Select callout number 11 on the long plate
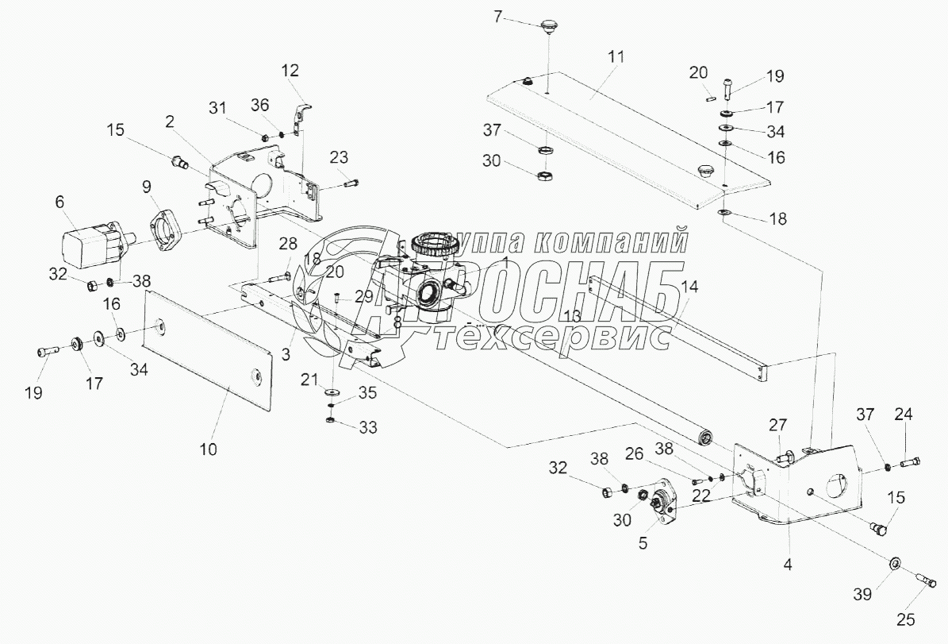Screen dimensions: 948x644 point(616,57)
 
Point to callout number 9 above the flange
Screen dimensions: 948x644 point(147,187)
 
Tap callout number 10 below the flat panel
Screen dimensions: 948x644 point(208,449)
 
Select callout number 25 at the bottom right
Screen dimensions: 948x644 point(906,619)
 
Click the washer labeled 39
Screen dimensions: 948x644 point(893,564)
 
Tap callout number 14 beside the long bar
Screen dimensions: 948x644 point(690,289)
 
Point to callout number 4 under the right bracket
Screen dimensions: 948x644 point(788,566)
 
